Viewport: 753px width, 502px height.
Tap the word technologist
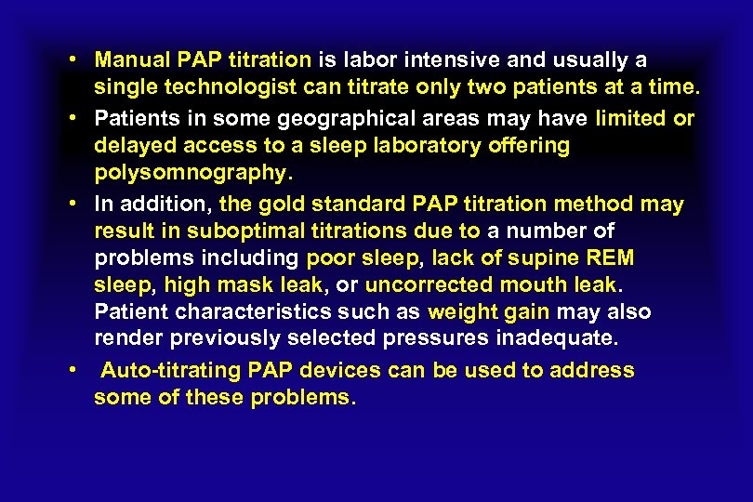tap(210, 89)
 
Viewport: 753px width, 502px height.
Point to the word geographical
tap(300, 119)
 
